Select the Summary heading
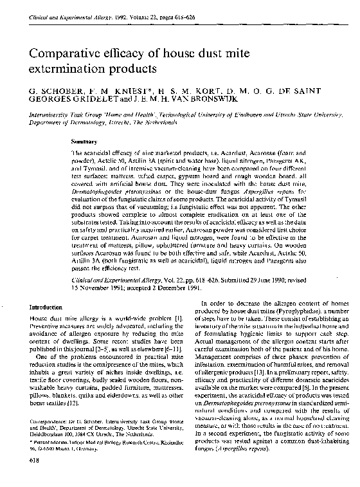tap(84, 142)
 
